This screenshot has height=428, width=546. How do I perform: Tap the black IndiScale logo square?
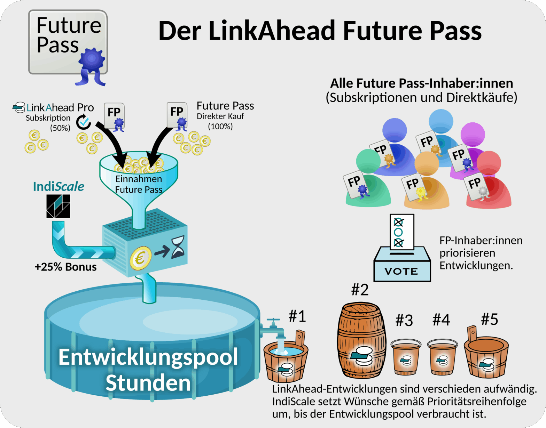[58, 206]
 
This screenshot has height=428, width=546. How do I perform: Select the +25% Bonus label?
[65, 267]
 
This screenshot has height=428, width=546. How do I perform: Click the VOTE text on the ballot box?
[401, 271]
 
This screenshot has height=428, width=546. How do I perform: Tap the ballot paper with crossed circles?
[402, 232]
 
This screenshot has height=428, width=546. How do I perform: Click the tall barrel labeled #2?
[362, 340]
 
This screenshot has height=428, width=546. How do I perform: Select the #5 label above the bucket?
[489, 319]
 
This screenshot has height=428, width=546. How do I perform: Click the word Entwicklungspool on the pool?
[148, 357]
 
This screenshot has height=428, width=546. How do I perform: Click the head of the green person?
[368, 161]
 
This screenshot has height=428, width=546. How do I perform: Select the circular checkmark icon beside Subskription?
[84, 121]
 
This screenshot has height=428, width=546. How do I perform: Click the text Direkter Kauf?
[220, 116]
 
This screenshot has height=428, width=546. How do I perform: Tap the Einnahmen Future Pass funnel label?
[139, 184]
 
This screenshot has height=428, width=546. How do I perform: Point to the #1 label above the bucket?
[297, 316]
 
